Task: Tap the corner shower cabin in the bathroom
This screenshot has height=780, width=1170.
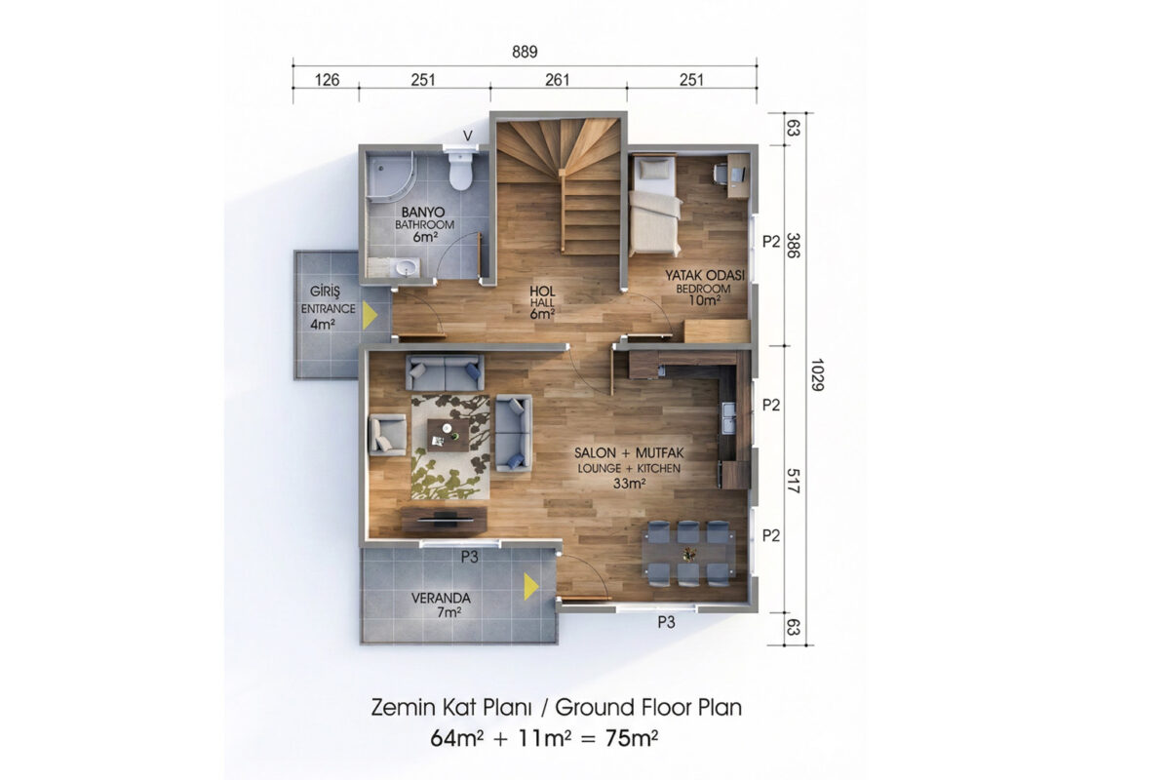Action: point(390,176)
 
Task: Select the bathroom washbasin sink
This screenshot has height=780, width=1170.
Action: point(408,268)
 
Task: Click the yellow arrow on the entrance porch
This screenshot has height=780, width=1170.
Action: point(370,316)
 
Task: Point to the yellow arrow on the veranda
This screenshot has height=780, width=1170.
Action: point(531,586)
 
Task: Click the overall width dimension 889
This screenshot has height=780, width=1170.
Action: point(525,52)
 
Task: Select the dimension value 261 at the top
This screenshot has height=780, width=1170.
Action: point(558,80)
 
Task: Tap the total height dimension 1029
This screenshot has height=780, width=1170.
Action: point(817,374)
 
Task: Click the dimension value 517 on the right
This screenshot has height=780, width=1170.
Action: point(793,481)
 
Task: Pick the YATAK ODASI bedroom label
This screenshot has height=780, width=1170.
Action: point(704,275)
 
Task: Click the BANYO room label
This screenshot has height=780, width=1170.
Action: point(423,213)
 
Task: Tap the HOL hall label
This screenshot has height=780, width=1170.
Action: point(542,291)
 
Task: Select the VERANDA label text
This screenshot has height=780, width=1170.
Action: point(441,599)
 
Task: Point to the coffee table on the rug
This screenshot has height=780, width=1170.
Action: point(448,435)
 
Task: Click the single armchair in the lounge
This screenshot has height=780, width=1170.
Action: point(388,435)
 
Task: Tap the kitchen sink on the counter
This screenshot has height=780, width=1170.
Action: point(728,418)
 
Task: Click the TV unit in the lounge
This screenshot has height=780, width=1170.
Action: point(444,520)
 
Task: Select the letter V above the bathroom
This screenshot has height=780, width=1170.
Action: point(468,136)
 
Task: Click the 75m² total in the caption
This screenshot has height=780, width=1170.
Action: point(632,738)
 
